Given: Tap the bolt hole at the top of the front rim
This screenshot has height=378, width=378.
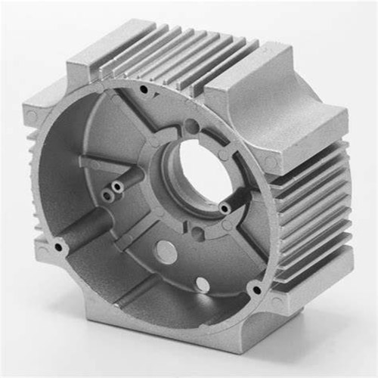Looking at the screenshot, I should click(x=143, y=89).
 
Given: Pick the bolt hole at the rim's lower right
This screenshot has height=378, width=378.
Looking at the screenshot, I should click(x=256, y=289).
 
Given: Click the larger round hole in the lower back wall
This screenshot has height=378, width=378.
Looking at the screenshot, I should click(x=166, y=252).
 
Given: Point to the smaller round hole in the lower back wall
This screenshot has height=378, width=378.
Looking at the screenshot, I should click(x=203, y=284).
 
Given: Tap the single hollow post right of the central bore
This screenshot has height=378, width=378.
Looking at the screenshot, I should click(x=224, y=207).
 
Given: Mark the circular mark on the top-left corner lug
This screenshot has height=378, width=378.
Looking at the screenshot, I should click(x=32, y=116).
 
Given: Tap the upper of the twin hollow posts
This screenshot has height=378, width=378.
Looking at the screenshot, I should click(x=119, y=184).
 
